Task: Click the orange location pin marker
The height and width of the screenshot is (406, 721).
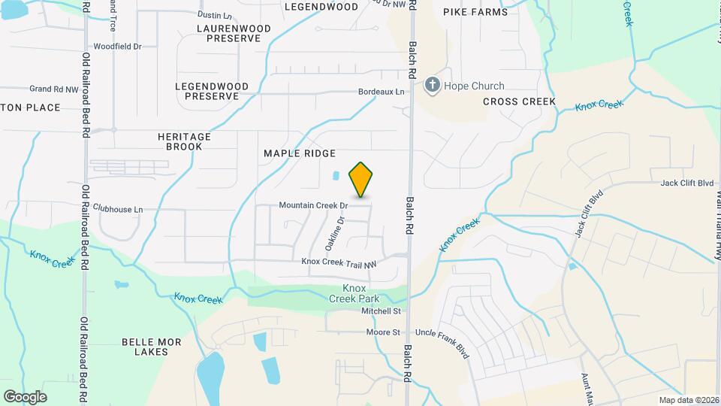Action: pyautogui.click(x=361, y=179)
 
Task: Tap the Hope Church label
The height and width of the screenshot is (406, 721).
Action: pyautogui.click(x=474, y=86)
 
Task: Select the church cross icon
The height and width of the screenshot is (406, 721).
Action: pyautogui.click(x=432, y=85)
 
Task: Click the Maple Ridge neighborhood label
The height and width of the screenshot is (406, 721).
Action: pyautogui.click(x=299, y=153)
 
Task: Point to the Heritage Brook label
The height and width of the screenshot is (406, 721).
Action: pyautogui.click(x=184, y=141)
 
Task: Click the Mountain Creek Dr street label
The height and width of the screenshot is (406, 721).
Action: pyautogui.click(x=313, y=205)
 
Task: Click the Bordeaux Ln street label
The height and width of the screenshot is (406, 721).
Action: pyautogui.click(x=380, y=92)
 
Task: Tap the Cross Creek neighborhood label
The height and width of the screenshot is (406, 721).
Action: pyautogui.click(x=519, y=101)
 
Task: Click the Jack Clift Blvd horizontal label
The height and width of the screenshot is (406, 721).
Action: pyautogui.click(x=686, y=183)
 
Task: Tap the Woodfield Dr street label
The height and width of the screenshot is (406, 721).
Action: pyautogui.click(x=117, y=47)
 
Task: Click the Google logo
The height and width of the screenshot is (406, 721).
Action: pyautogui.click(x=25, y=396)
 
